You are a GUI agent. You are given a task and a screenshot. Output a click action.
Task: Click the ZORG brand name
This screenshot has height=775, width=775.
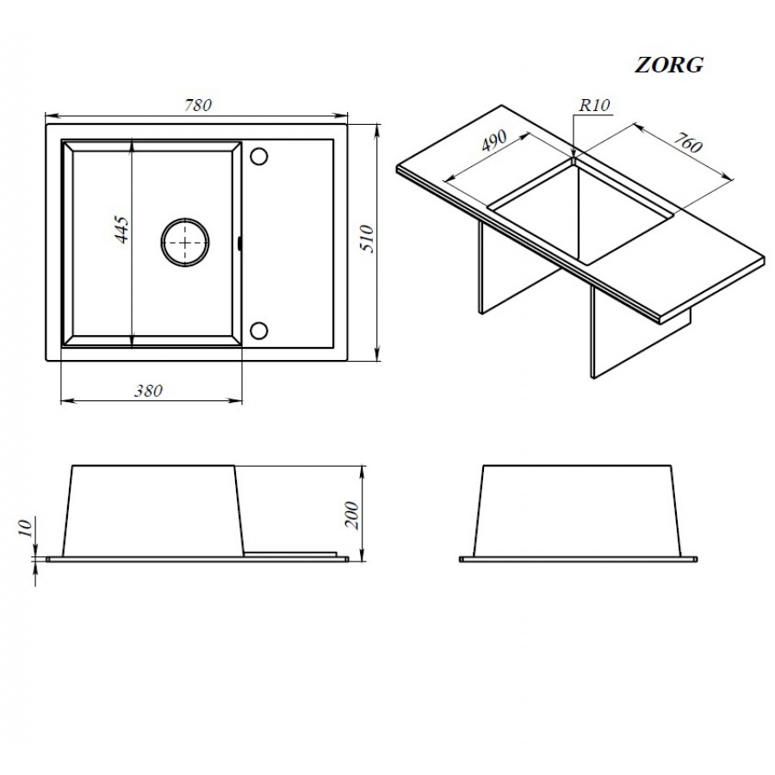point(668,65)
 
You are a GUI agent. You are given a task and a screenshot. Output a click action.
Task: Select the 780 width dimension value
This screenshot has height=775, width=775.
point(198,105)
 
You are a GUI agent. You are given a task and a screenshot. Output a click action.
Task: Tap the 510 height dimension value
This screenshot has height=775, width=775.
point(369,239)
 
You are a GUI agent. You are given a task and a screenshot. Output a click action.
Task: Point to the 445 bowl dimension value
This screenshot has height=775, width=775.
point(121,229)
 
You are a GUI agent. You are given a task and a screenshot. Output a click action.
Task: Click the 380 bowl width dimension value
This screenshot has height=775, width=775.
point(148,391)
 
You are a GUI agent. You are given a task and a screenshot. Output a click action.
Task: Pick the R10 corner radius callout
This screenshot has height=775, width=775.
point(594,105)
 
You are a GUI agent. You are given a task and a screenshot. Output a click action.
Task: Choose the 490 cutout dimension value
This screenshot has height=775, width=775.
point(494,141)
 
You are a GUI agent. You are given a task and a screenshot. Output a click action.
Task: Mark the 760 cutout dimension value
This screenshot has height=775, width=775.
point(688,142)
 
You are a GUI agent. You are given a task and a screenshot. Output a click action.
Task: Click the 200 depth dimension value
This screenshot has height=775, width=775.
point(351,515)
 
